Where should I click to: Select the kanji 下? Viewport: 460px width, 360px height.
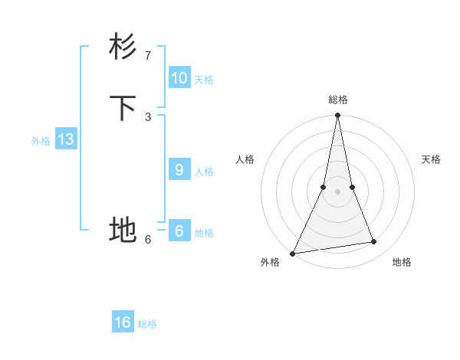[x=123, y=107]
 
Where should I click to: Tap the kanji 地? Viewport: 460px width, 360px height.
[x=123, y=229]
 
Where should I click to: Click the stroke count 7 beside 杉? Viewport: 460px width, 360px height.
[x=147, y=56]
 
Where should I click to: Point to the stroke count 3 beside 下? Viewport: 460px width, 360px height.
[x=147, y=116]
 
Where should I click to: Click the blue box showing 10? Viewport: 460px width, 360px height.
[x=179, y=78]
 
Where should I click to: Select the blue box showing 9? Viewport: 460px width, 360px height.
[x=179, y=170]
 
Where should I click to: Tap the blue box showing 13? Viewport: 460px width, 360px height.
[x=65, y=139]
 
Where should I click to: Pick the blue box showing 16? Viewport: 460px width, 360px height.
[x=123, y=322]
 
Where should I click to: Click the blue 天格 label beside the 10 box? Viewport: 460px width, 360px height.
[x=204, y=80]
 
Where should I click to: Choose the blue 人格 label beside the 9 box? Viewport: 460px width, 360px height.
[x=204, y=172]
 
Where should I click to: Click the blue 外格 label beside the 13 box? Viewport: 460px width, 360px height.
[x=41, y=141]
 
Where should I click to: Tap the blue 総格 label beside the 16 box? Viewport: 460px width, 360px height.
[x=147, y=324]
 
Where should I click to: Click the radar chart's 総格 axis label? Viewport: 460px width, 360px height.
[x=338, y=100]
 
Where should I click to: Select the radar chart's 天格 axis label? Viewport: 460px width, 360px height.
[x=432, y=159]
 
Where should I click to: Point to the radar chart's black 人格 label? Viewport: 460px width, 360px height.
[x=245, y=159]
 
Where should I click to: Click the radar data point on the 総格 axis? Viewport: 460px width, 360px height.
[x=337, y=116]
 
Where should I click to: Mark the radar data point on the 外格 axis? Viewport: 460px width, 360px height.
[x=292, y=253]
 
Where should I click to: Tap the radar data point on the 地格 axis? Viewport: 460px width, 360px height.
[x=374, y=242]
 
